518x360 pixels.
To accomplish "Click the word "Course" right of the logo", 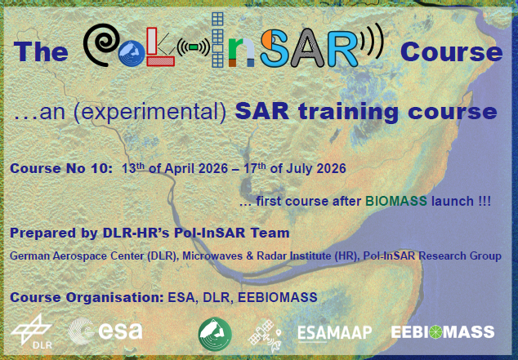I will pos(451,52).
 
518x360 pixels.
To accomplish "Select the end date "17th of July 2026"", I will pos(296,169).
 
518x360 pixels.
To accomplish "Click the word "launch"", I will pos(451,200).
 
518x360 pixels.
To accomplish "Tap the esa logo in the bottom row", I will pos(106,331).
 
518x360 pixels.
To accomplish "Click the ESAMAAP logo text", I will pos(334,332).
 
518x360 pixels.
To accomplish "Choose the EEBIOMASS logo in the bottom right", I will pos(442,332).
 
